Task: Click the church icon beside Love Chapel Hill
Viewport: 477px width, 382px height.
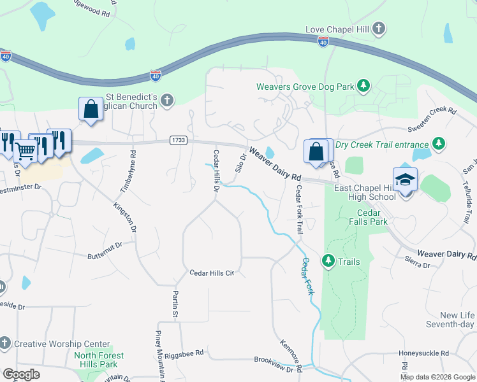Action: point(379,29)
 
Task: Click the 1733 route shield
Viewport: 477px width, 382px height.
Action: point(178,139)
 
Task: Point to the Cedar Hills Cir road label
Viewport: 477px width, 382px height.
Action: point(213,272)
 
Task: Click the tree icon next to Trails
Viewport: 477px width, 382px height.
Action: point(328,261)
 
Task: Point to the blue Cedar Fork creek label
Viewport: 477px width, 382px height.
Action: point(308,275)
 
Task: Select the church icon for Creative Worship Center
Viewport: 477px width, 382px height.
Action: point(5,343)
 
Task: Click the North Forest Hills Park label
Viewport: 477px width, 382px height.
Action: point(99,360)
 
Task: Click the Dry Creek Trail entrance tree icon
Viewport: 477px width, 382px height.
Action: point(438,144)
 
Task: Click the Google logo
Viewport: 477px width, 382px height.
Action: point(22,374)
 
